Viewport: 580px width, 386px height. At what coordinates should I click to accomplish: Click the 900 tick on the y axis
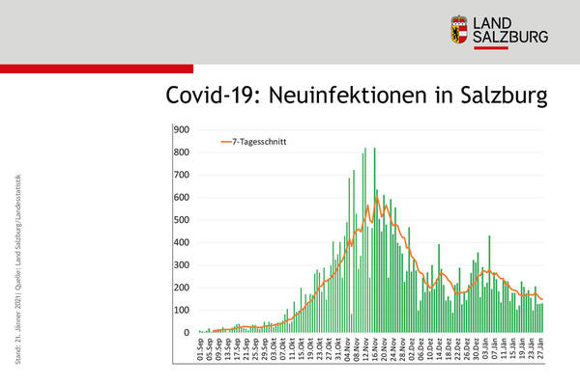182,129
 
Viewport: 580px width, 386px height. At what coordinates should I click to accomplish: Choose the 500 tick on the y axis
182,220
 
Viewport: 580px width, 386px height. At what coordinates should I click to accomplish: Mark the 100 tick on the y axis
182,311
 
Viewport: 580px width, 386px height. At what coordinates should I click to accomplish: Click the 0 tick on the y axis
187,333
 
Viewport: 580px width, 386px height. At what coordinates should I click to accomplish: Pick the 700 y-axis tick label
182,175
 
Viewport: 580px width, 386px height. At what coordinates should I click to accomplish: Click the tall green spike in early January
489,236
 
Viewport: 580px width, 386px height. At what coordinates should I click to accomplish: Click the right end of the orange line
542,299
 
